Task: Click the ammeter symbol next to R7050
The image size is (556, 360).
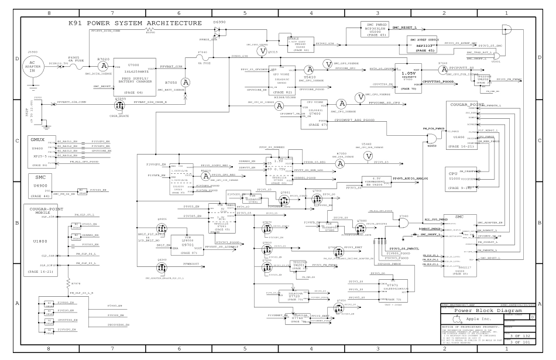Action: click(x=185, y=81)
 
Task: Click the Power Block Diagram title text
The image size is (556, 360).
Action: click(x=482, y=311)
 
